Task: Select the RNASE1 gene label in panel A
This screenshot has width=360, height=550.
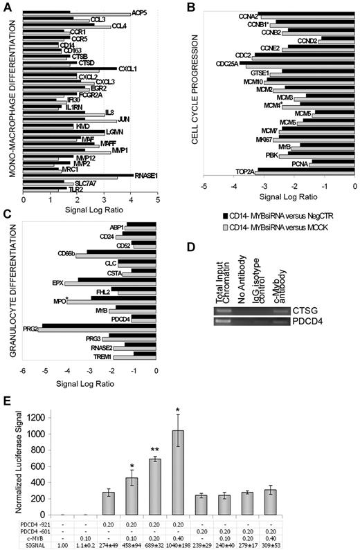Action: [x=146, y=175]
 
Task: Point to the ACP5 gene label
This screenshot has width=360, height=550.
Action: [x=140, y=12]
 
